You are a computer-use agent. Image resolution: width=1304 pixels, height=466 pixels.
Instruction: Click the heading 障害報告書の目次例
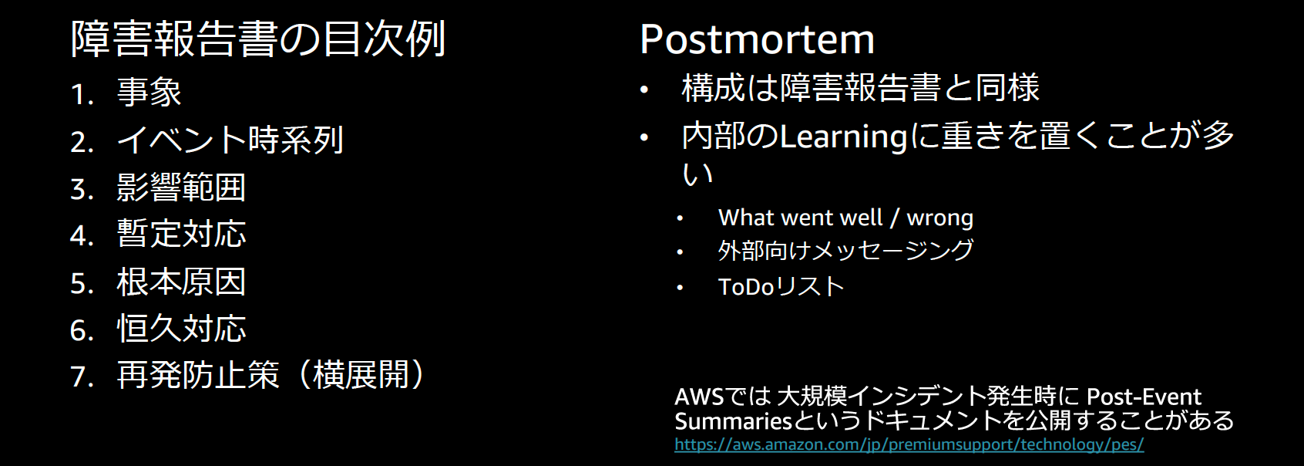point(258,39)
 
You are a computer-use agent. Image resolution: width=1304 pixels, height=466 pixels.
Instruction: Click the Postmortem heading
point(757,39)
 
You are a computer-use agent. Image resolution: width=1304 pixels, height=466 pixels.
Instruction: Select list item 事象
point(149,93)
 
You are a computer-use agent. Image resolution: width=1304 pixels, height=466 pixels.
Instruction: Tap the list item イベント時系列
point(230,140)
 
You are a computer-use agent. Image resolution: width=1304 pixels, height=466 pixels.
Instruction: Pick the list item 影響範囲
point(181,187)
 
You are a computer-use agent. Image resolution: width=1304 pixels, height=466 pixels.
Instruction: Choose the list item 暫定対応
point(181,235)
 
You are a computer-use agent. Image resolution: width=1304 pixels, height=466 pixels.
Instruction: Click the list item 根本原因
point(181,282)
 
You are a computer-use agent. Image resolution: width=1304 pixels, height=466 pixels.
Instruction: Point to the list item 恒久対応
point(181,329)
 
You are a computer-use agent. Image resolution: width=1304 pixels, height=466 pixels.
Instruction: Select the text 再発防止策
point(198,376)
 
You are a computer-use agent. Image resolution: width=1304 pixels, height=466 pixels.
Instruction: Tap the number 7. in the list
point(81,377)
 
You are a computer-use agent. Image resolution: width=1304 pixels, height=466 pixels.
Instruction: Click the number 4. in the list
point(81,236)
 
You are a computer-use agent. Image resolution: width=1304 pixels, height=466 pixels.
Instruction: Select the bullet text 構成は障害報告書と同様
point(860,88)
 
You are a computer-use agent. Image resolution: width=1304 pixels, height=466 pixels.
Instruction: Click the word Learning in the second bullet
point(844,137)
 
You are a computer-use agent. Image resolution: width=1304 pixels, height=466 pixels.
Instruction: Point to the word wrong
point(939,218)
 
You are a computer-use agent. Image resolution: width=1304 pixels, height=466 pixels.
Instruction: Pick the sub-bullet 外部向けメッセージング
point(845,251)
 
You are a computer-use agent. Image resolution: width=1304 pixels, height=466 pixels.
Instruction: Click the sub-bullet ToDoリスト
point(781,287)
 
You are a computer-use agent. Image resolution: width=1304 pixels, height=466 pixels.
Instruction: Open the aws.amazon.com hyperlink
point(909,445)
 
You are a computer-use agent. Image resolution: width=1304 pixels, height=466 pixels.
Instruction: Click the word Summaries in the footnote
point(733,421)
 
